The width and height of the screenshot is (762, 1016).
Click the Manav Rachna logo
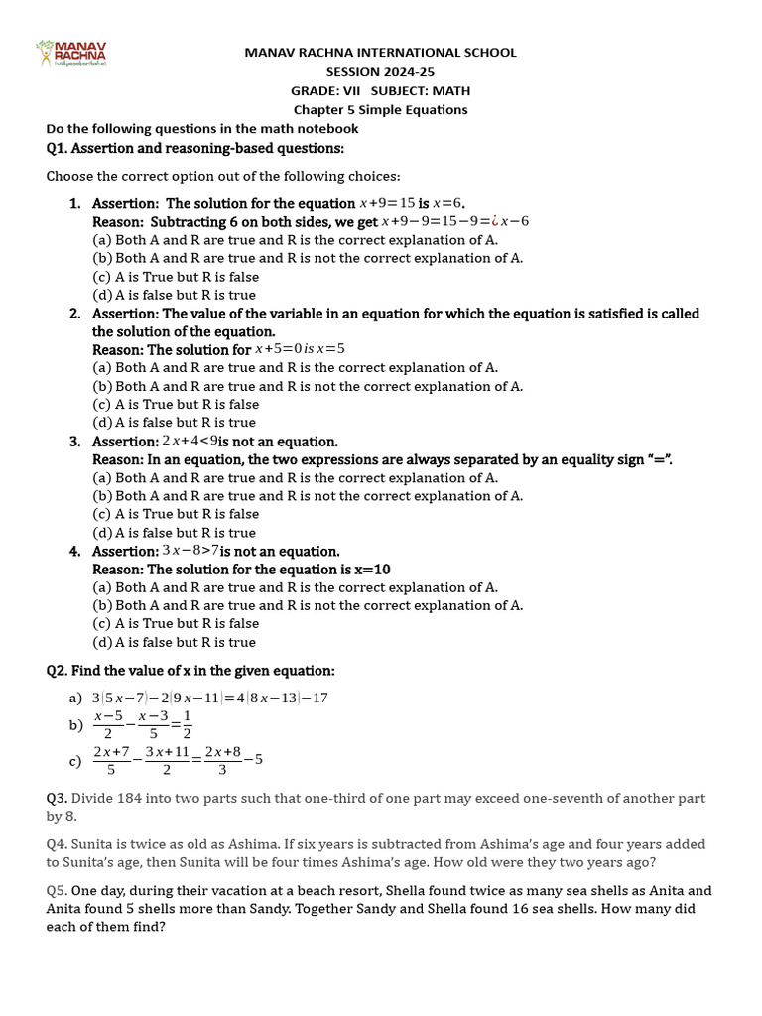[71, 54]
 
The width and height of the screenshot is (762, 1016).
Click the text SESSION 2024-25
[380, 71]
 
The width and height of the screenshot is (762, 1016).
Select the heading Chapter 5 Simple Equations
[380, 110]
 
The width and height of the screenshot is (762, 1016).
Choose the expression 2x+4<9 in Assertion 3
[190, 441]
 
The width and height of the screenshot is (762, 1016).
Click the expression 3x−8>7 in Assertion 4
[190, 550]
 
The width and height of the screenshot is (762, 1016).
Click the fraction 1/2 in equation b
[187, 725]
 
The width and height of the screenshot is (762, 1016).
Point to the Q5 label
[58, 890]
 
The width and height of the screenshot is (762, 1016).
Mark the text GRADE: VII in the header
[317, 90]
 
